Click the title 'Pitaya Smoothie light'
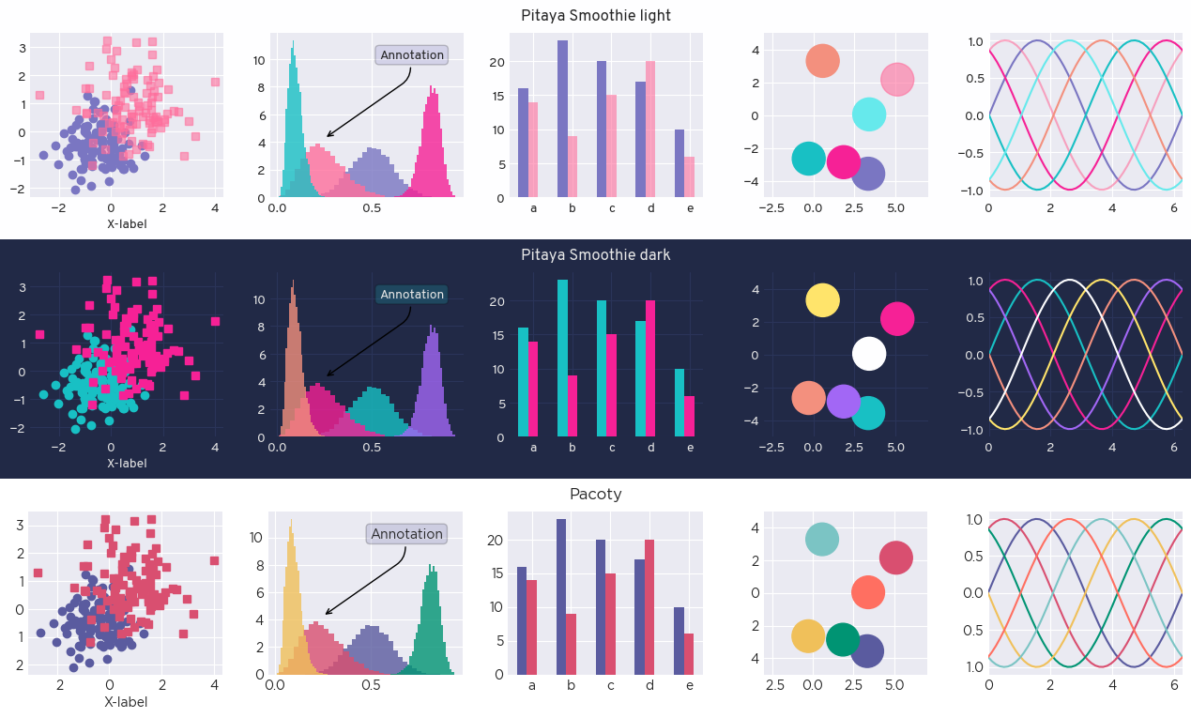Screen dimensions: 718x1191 coord(595,16)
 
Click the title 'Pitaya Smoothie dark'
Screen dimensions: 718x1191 coord(595,255)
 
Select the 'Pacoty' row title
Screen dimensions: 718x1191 coord(595,495)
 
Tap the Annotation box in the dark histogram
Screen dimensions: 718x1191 coord(411,295)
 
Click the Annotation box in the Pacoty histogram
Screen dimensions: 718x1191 coord(406,534)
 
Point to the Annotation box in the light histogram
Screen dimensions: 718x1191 coord(411,55)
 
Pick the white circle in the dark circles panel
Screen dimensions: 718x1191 coord(869,355)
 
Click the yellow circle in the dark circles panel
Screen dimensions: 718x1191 coord(822,299)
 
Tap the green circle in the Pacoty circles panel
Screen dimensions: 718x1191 coord(843,639)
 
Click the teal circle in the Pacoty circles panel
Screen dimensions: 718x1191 coord(821,539)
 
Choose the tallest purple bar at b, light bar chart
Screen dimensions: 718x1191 coord(562,119)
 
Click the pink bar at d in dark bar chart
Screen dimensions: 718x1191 coord(649,369)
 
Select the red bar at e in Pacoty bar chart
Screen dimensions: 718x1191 coord(689,653)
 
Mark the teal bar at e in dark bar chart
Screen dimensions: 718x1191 coord(679,403)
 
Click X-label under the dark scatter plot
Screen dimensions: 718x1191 coord(127,464)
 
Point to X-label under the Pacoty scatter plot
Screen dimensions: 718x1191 coord(126,702)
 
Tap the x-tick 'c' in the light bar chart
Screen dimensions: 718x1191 coord(612,208)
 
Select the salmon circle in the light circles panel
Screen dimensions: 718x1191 coord(822,61)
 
